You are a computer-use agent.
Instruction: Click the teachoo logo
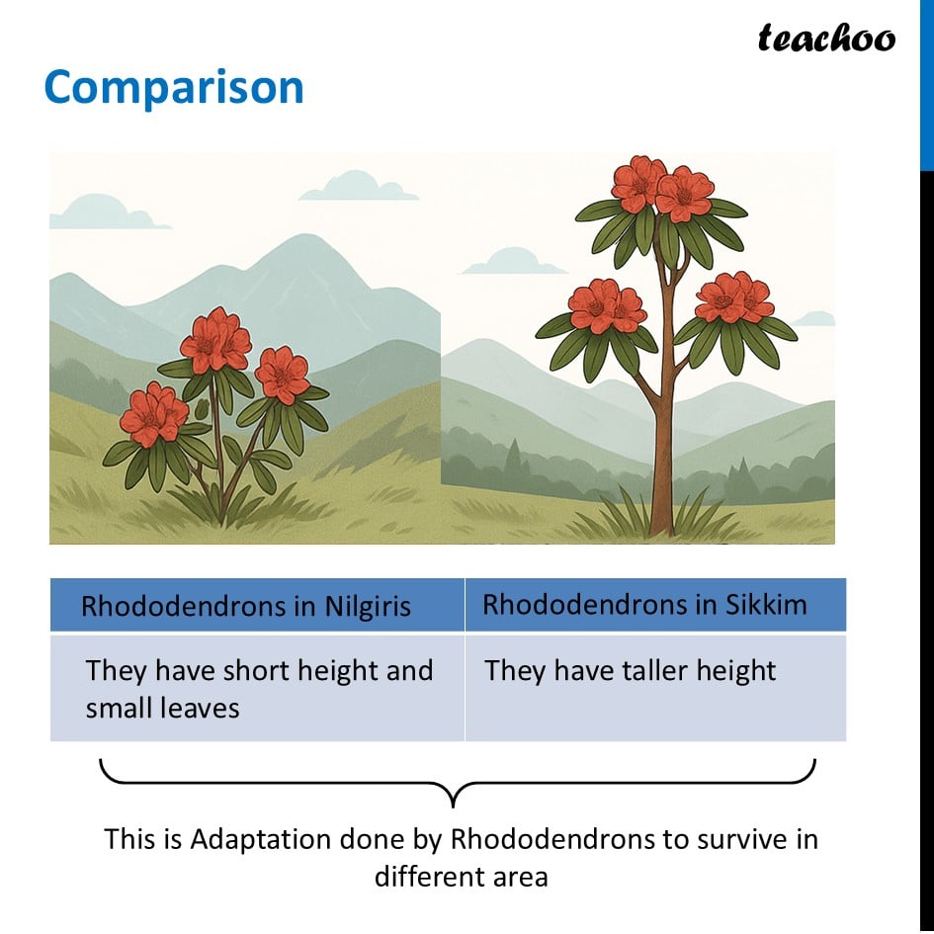coord(826,39)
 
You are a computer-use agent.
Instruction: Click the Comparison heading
coord(174,88)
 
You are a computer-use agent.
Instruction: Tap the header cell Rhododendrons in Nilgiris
coord(257,605)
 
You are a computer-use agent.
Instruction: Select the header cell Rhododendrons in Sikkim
coord(655,605)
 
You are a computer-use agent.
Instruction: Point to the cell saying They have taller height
coord(655,687)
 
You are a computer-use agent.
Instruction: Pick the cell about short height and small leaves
coord(257,687)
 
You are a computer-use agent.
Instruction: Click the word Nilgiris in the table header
coord(367,607)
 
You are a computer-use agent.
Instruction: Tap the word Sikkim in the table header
coord(765,605)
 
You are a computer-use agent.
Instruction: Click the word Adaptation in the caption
coord(260,840)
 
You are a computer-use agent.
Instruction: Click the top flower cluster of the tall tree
coord(662,188)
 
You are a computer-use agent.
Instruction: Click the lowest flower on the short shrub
coord(153,414)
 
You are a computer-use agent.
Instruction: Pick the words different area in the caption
coord(461,877)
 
